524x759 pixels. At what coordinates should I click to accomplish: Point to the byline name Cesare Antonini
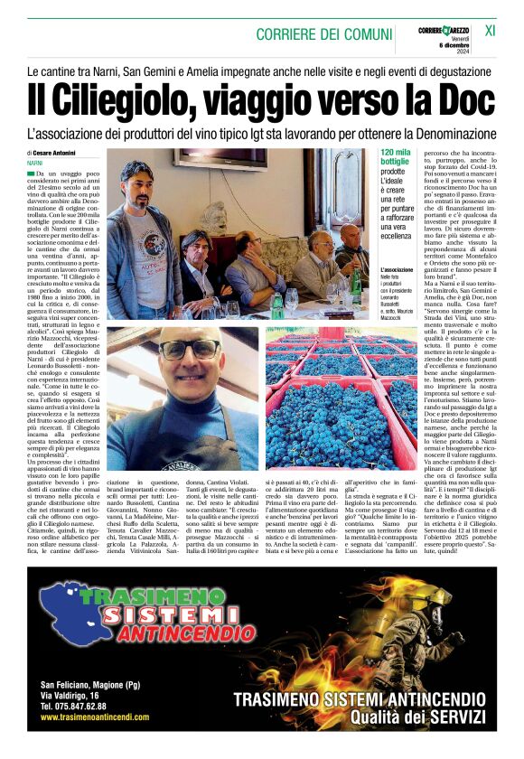click(x=55, y=154)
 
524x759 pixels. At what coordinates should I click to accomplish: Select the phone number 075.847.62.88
click(x=73, y=707)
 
